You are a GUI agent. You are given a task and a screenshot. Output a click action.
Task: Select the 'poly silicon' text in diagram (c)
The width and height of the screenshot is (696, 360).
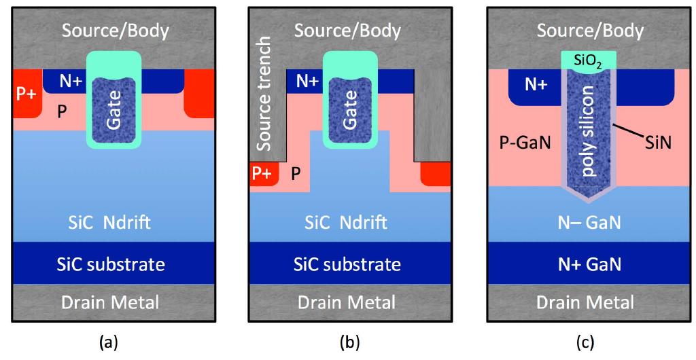click(x=590, y=132)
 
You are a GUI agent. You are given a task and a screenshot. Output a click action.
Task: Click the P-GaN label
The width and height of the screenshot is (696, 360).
click(x=522, y=143)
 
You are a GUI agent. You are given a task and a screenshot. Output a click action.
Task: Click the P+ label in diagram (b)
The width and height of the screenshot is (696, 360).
click(x=263, y=175)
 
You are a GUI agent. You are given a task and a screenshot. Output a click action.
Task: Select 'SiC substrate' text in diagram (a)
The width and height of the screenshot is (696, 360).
click(x=114, y=264)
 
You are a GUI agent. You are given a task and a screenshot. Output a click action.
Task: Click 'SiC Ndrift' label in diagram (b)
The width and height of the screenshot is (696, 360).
click(x=349, y=223)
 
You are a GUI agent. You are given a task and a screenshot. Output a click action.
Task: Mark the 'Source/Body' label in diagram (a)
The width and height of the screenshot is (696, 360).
click(x=114, y=31)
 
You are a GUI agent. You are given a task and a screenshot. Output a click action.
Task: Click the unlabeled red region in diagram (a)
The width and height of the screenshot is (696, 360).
click(x=199, y=92)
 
